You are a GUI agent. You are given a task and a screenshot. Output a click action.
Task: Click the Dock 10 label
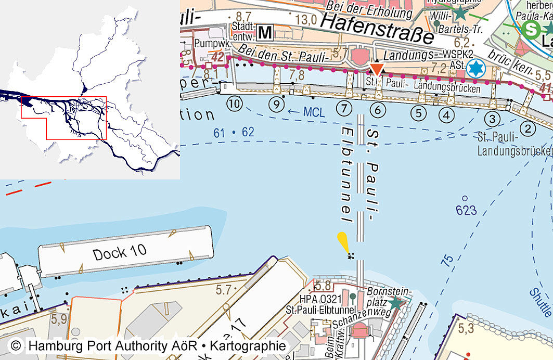(119, 253)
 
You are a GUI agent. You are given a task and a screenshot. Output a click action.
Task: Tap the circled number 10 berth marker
(235, 104)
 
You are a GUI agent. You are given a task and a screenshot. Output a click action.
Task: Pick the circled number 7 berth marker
(344, 109)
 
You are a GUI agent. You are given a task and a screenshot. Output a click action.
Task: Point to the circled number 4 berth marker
(446, 113)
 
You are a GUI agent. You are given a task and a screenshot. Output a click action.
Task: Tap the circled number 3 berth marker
(493, 118)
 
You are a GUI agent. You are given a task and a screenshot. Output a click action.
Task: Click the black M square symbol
(265, 33)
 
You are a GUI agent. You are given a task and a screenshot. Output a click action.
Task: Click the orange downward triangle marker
(377, 69)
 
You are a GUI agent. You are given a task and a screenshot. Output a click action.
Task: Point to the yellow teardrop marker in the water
(343, 242)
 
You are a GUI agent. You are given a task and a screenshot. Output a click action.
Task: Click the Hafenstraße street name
(377, 29)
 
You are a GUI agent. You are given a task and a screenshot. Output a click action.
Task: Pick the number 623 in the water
(466, 210)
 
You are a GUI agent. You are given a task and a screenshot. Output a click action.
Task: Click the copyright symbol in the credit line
(17, 346)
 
